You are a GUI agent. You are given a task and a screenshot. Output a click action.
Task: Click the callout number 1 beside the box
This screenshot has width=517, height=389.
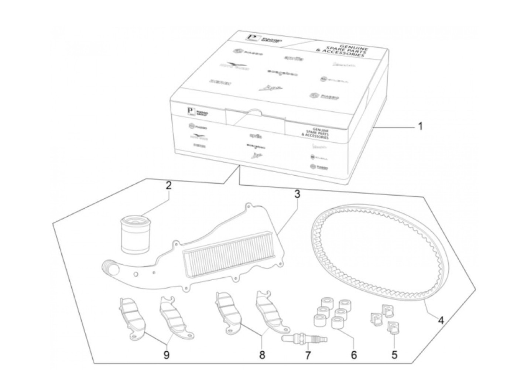[420, 126]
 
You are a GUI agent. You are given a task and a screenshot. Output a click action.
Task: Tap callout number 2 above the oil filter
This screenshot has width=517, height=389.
[168, 186]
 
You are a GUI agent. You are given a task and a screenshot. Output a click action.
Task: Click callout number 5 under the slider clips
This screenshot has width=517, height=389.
[394, 355]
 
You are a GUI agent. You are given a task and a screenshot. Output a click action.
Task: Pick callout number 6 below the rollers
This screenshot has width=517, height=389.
[354, 355]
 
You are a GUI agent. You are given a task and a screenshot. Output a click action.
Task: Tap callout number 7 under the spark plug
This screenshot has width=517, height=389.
[308, 355]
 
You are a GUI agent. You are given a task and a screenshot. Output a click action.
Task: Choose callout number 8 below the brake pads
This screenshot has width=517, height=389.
[262, 355]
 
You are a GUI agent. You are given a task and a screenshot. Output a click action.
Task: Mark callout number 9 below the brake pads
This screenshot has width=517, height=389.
[166, 355]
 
